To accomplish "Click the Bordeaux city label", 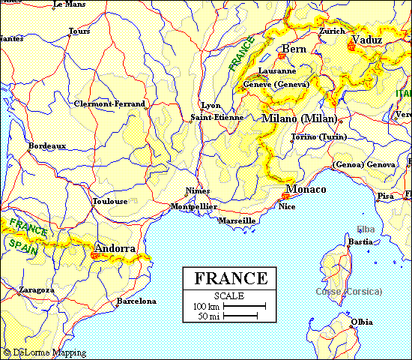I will tap(47, 145).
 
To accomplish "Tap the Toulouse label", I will tap(109, 202).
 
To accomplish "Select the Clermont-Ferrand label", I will tap(110, 103).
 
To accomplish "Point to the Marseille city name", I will tap(237, 221).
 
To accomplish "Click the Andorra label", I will tap(115, 248).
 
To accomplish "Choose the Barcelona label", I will tap(136, 301).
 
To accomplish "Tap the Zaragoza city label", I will tap(36, 289).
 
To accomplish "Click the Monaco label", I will tap(306, 189).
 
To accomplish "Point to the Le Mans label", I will tap(69, 4).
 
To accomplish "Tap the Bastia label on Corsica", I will tap(360, 241).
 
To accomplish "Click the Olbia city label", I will tap(361, 322).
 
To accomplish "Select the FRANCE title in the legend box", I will tap(231, 278).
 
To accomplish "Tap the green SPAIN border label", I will tap(22, 247).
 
